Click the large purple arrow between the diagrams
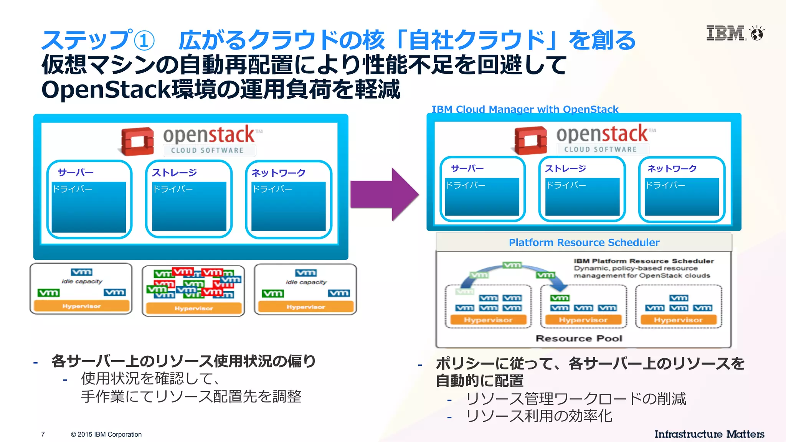(384, 195)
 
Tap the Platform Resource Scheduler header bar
(584, 242)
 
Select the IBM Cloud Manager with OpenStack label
(525, 109)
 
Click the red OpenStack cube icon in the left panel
(137, 141)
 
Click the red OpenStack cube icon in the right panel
(531, 140)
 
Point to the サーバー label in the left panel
(76, 172)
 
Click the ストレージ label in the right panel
(565, 168)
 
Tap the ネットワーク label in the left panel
(278, 173)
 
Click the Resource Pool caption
(579, 338)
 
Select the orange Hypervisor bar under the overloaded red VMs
(193, 308)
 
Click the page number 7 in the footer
(43, 434)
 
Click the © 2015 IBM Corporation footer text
(106, 434)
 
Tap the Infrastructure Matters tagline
(709, 434)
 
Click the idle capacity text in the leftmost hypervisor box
(82, 281)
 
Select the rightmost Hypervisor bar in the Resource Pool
(678, 320)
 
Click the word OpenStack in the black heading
(106, 89)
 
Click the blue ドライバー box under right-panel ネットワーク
(682, 196)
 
